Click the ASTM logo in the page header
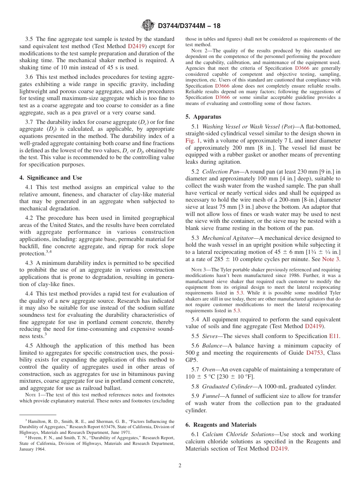click(x=148, y=25)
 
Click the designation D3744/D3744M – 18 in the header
click(x=189, y=26)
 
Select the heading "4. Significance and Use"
click(x=51, y=178)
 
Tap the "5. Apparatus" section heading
click(x=203, y=117)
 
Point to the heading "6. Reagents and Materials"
click(x=221, y=425)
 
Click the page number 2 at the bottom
click(x=180, y=465)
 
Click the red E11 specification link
click(x=335, y=336)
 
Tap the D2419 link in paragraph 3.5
click(x=136, y=46)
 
